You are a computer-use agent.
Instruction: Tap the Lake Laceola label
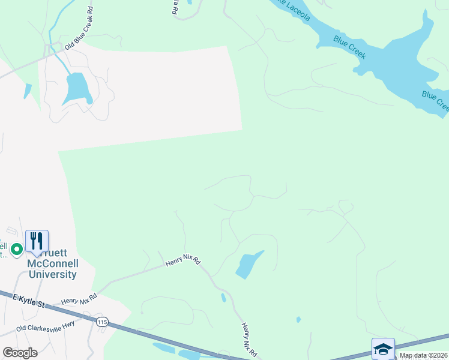[292, 8]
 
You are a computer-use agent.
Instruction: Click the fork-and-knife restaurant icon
[37, 241]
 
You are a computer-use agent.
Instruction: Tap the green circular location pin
[17, 248]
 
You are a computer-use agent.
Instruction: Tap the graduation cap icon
[383, 349]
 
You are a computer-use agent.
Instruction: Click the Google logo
[20, 353]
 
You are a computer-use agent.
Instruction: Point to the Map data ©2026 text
[423, 355]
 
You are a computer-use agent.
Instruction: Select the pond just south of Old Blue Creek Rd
[77, 88]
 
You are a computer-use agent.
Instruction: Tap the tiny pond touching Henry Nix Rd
[223, 297]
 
